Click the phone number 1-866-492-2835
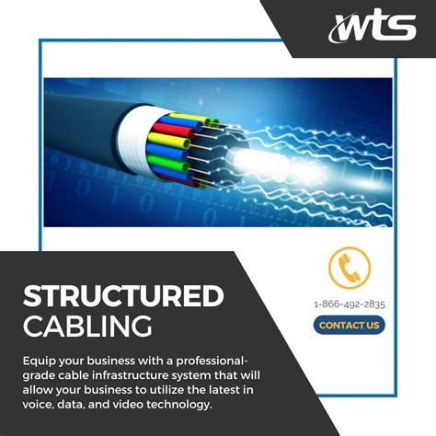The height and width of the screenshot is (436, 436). coord(349,304)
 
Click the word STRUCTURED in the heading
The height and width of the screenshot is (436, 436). coord(123,296)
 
